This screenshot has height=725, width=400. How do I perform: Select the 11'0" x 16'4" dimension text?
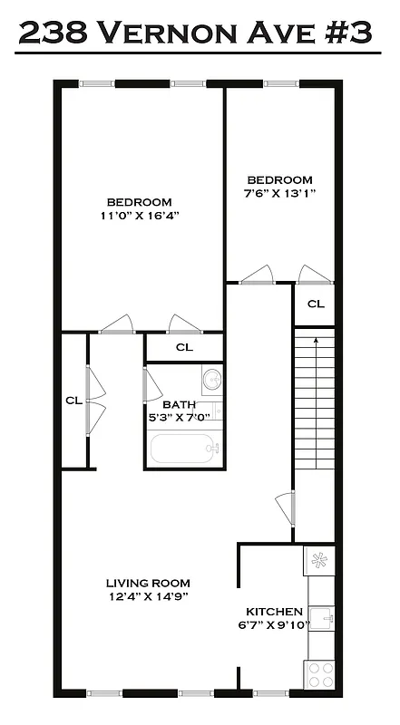[x=139, y=217]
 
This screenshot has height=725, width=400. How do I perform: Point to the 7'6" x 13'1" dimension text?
[x=280, y=194]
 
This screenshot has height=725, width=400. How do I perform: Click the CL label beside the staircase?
[x=316, y=304]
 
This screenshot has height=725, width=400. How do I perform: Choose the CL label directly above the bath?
[x=184, y=347]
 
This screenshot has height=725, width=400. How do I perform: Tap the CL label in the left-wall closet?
[x=73, y=399]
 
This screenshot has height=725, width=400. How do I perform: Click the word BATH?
[x=179, y=405]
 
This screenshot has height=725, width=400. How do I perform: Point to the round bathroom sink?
[x=211, y=379]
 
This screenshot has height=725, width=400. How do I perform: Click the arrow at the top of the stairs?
[x=316, y=342]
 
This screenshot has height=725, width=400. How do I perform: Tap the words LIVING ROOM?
[x=147, y=583]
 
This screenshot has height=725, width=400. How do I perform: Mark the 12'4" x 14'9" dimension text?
[x=147, y=596]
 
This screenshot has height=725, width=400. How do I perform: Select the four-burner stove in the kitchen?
[x=320, y=674]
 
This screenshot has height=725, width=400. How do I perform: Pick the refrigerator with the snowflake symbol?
[x=319, y=559]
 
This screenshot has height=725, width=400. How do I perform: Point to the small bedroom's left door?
[x=256, y=275]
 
